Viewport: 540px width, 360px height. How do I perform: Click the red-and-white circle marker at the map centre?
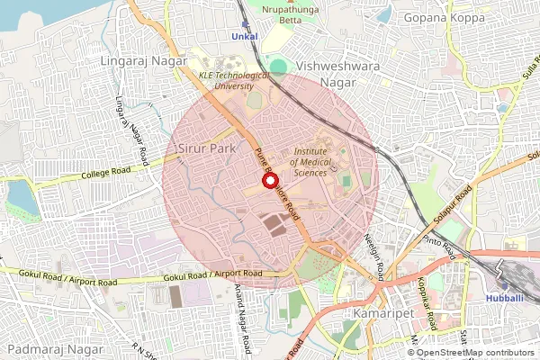[x=269, y=181]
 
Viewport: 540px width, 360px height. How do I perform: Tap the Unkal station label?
[x=244, y=36]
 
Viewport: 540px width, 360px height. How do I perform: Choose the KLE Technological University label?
[x=233, y=82]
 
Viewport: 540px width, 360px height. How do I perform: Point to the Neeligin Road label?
[x=376, y=255]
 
